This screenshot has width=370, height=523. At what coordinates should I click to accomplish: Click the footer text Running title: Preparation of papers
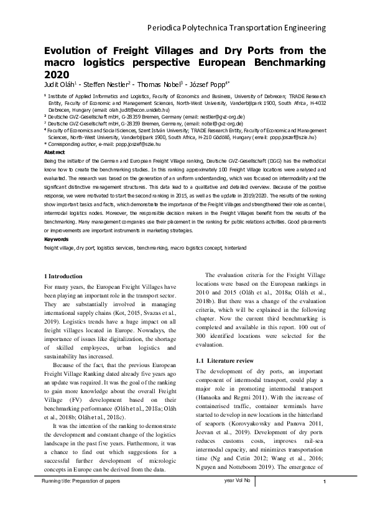click(x=80, y=499)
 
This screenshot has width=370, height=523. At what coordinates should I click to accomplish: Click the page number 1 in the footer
click(x=325, y=499)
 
